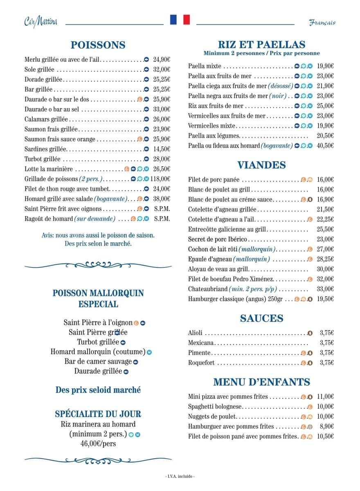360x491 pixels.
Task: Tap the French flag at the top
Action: click(x=180, y=20)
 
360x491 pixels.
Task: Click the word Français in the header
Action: click(x=322, y=22)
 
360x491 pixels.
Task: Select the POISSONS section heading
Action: click(x=98, y=45)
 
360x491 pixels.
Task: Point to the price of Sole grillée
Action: click(x=162, y=70)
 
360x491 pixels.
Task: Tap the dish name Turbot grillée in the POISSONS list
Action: click(x=43, y=159)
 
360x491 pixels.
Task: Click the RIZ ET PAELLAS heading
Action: click(x=262, y=44)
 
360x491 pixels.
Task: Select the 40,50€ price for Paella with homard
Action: click(x=325, y=146)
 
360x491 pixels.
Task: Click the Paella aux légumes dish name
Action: click(x=214, y=135)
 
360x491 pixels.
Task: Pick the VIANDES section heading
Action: click(x=261, y=165)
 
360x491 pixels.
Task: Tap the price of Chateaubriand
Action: click(x=325, y=289)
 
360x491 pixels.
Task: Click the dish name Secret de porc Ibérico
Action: click(x=218, y=239)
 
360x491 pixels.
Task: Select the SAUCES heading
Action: click(x=262, y=318)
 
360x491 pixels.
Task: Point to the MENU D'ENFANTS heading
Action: click(x=261, y=382)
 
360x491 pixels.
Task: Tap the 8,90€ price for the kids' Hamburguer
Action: click(x=326, y=426)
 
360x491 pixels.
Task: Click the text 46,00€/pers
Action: click(x=98, y=443)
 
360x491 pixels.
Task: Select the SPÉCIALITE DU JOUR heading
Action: click(x=98, y=414)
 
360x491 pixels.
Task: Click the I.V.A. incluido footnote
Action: click(x=180, y=476)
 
